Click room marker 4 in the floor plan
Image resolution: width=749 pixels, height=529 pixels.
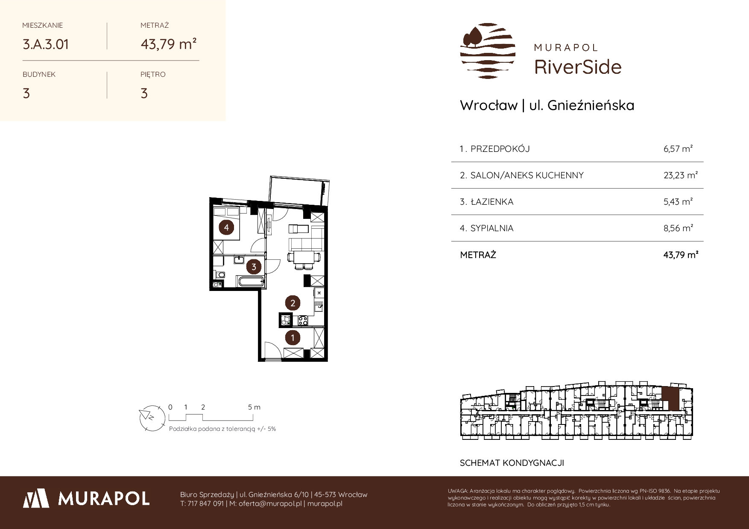point(226,228)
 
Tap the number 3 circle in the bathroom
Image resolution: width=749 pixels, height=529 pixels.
point(254,267)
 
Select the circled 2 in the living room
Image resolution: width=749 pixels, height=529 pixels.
point(293,303)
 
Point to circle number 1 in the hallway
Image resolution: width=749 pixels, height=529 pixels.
point(293,338)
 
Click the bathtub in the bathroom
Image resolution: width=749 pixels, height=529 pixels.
point(251,282)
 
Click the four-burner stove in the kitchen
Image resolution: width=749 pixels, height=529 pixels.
point(303,320)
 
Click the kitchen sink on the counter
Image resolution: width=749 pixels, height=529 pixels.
point(318,305)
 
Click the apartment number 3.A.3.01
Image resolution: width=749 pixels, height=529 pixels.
point(46,44)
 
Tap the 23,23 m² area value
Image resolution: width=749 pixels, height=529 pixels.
point(681,175)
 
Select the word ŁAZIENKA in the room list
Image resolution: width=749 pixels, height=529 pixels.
point(492,202)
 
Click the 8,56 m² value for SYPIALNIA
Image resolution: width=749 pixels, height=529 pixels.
point(678,228)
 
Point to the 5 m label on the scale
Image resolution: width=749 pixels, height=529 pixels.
point(254,407)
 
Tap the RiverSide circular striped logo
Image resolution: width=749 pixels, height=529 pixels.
point(488,51)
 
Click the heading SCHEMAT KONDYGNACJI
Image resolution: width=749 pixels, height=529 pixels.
point(512,463)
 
